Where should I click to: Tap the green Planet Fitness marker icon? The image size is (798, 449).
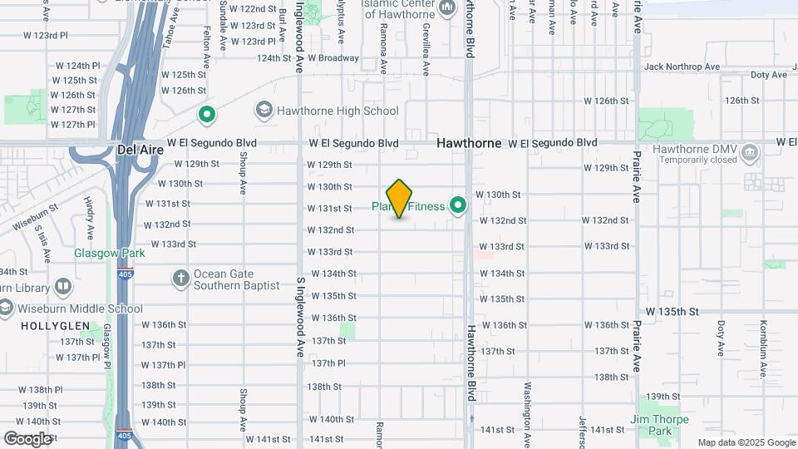pos(457,205)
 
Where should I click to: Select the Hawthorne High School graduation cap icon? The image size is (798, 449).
pos(264,110)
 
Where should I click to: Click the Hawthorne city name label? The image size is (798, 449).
pos(470,143)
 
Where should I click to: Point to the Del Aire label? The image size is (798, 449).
pos(137,149)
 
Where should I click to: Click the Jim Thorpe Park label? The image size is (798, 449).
pos(660,425)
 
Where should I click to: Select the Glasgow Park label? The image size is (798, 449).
pos(109,253)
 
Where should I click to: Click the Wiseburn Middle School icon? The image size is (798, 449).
pos(6,308)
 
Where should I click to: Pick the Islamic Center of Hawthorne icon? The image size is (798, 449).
pos(447,8)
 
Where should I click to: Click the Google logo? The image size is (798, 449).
pos(27,438)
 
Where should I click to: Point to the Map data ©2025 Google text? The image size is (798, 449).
pos(746,442)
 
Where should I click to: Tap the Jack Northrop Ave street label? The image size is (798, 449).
pos(681,67)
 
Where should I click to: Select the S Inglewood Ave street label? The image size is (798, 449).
pos(300,315)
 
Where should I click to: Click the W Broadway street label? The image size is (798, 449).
pos(333,58)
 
